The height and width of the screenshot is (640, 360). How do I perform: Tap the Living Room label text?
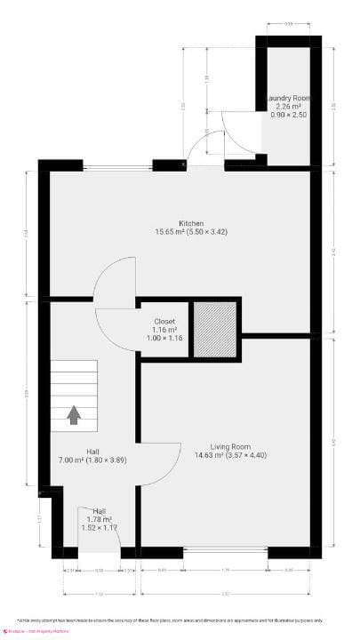click(229, 446)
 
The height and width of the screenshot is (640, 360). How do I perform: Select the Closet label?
click(164, 321)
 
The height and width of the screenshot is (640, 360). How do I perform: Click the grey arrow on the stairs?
click(74, 414)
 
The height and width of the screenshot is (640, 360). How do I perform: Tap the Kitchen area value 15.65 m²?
click(172, 232)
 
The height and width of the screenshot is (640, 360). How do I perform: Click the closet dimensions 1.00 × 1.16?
click(164, 339)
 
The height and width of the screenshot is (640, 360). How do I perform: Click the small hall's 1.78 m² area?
click(99, 519)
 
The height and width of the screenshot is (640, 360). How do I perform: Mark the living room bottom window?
click(225, 551)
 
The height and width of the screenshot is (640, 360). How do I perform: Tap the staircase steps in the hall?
click(73, 391)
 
